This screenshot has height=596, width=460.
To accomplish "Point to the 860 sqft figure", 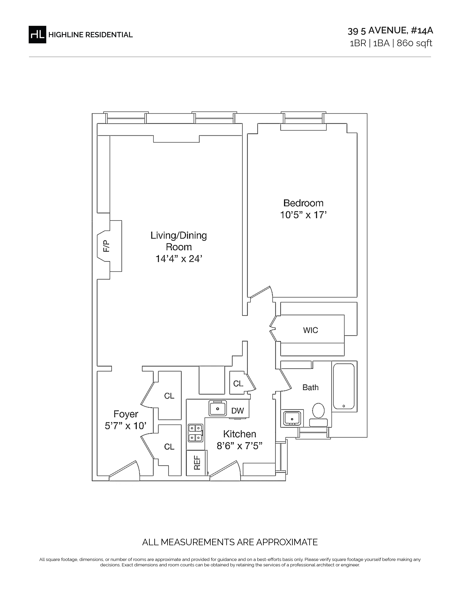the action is (x=415, y=43).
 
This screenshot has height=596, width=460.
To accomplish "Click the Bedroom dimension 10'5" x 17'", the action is (x=303, y=215).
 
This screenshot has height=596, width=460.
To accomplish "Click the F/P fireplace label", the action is (x=106, y=246).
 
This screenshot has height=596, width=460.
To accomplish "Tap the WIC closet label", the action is (x=310, y=330).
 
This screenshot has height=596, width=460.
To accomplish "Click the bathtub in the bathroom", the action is (x=344, y=386).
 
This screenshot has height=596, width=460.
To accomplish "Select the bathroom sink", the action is (x=292, y=418).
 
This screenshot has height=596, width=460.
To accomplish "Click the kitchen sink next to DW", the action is (x=218, y=408).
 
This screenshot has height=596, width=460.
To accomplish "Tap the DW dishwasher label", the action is (x=237, y=411).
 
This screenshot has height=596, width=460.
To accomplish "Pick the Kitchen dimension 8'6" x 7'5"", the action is (x=240, y=446).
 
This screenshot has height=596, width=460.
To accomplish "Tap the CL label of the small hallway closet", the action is (x=238, y=384).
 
